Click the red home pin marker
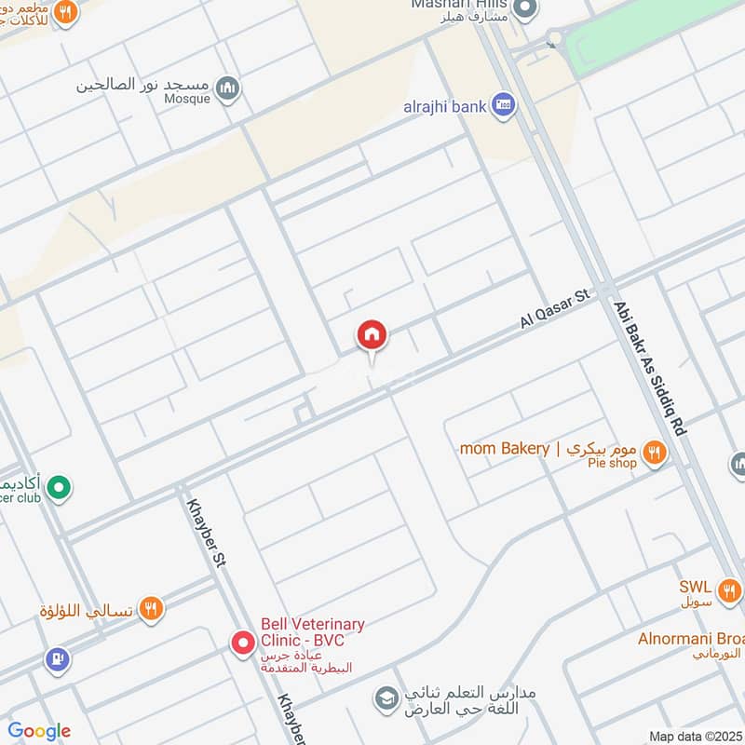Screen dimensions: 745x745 pos(372,335)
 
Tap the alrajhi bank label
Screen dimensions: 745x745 pos(444,106)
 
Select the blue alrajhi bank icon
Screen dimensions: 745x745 pos(504,104)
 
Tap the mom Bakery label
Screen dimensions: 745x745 pos(505,449)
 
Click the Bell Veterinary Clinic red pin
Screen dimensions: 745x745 pos(243,643)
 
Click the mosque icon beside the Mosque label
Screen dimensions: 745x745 pos(227,89)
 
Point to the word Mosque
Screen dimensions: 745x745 pos(189,96)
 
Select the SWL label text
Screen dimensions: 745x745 pos(695,587)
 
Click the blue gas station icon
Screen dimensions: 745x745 pos(57,659)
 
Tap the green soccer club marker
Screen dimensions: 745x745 pos(59,487)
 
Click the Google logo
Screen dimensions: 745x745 pos(39,731)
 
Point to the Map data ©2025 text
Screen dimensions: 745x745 pos(694,736)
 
